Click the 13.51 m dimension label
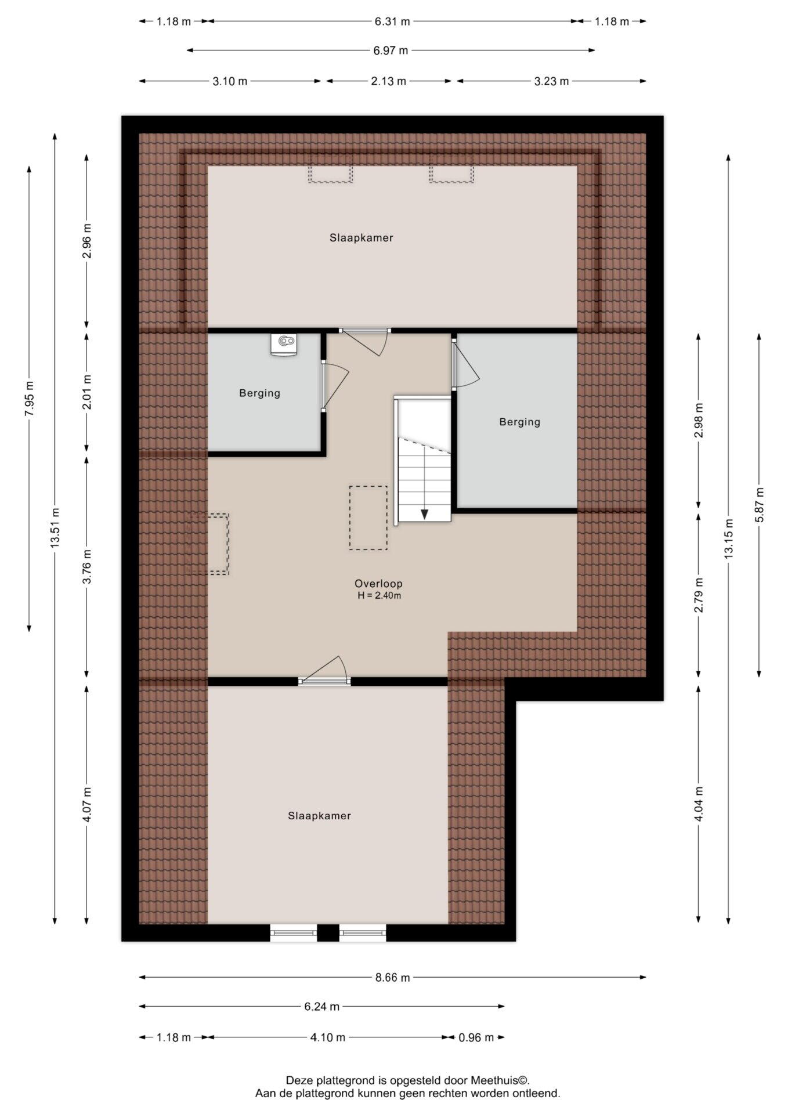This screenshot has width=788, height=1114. click(55, 527)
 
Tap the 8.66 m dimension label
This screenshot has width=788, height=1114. click(392, 978)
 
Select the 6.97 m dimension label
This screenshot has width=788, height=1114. click(391, 50)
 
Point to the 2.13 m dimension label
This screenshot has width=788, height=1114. click(388, 81)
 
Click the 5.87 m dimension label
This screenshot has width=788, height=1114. click(759, 505)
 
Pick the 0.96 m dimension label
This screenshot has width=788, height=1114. click(476, 1037)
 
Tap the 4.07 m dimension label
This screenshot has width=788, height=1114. click(86, 804)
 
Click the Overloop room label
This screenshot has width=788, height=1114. click(378, 584)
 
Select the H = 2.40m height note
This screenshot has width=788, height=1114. click(379, 596)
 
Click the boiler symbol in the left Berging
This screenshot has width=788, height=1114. click(284, 343)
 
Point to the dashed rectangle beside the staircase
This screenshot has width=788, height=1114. click(368, 518)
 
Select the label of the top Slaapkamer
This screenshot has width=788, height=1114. click(362, 238)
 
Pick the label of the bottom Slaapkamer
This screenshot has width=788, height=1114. click(320, 816)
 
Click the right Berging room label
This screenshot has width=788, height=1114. click(520, 422)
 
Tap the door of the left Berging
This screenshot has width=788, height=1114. click(335, 386)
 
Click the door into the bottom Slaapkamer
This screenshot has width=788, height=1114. click(324, 671)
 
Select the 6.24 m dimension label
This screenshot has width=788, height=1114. click(321, 1007)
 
